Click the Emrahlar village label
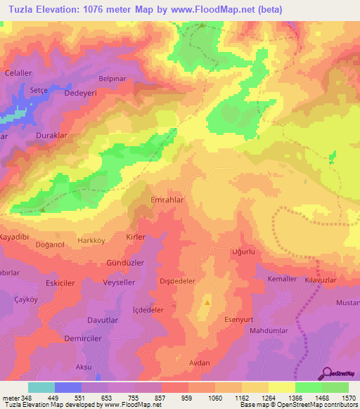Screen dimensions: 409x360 167,200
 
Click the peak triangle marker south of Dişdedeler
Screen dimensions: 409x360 207,303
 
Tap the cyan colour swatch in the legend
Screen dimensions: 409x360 41,387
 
